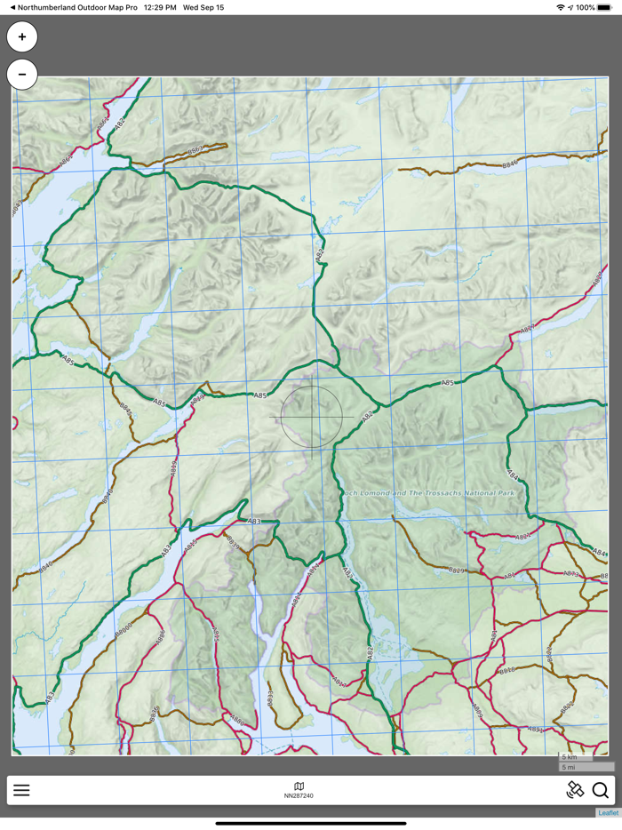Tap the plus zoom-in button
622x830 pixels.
click(22, 37)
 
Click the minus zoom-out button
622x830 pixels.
click(22, 75)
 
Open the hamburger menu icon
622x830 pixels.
click(21, 790)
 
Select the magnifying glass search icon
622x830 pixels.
click(601, 790)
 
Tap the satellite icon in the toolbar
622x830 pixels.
click(575, 790)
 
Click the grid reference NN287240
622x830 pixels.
click(299, 795)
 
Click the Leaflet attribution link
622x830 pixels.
click(608, 812)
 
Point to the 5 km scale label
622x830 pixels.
click(570, 757)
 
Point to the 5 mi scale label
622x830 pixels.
click(569, 767)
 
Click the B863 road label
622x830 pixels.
click(195, 149)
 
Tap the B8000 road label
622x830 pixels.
click(124, 631)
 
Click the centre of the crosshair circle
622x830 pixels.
click(311, 416)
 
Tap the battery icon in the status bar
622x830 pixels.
click(604, 7)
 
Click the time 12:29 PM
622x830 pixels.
click(160, 7)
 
